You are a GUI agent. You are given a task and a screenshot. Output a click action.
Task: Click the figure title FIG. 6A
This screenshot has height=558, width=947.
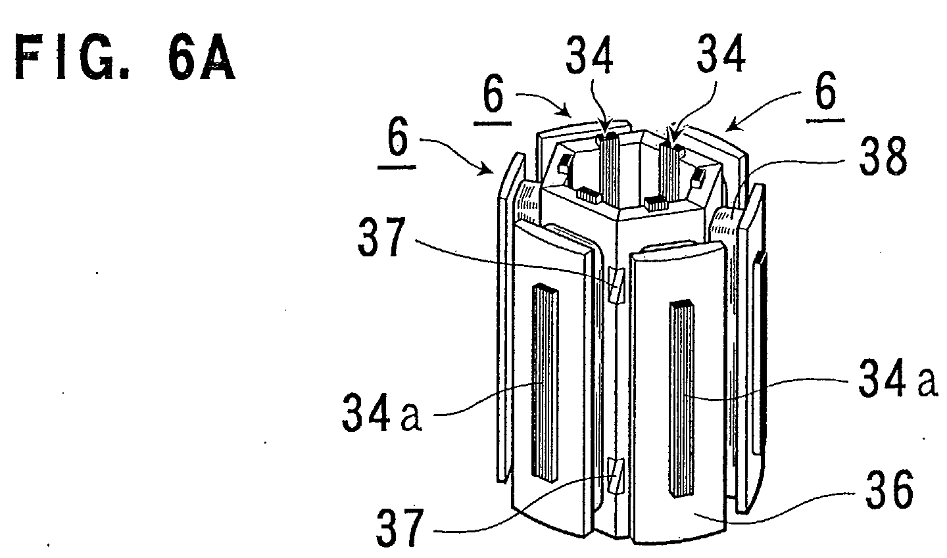[125, 58]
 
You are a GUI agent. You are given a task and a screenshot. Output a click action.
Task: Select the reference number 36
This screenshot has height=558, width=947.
[889, 490]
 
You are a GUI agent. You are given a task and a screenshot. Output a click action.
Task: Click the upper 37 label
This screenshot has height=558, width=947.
[381, 237]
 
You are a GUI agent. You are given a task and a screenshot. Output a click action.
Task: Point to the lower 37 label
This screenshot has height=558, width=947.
[399, 528]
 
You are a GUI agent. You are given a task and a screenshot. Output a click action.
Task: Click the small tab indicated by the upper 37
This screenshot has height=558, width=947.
[616, 285]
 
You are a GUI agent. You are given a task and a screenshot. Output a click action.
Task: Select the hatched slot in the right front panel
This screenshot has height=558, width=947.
[681, 398]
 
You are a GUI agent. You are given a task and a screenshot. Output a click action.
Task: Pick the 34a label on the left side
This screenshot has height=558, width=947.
[381, 412]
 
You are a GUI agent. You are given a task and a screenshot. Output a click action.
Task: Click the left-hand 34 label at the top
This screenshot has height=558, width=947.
[589, 55]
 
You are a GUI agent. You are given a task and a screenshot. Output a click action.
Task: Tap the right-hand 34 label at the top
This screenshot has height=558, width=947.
[721, 53]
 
